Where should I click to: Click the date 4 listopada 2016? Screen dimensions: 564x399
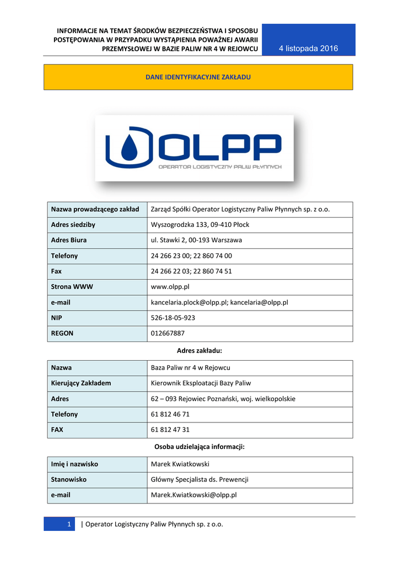pyautogui.click(x=308, y=48)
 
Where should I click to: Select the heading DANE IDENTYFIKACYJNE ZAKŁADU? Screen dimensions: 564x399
pyautogui.click(x=198, y=77)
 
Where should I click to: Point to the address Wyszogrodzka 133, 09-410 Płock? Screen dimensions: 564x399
pyautogui.click(x=199, y=225)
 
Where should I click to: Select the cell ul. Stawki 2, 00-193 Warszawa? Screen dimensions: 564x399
pyautogui.click(x=196, y=240)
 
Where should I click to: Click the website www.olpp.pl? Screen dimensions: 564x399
pyautogui.click(x=170, y=287)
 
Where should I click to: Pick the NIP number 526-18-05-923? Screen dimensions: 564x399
pyautogui.click(x=172, y=318)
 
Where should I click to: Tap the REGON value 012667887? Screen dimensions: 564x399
pyautogui.click(x=168, y=333)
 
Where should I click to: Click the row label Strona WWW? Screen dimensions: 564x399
pyautogui.click(x=72, y=287)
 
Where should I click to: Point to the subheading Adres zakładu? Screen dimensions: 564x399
pyautogui.click(x=199, y=350)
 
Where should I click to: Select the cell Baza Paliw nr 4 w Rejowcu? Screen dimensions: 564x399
pyautogui.click(x=190, y=367)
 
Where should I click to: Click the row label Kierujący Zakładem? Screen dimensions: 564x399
pyautogui.click(x=81, y=383)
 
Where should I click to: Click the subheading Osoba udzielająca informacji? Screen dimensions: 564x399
pyautogui.click(x=199, y=447)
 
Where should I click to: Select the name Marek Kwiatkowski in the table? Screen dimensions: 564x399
pyautogui.click(x=180, y=464)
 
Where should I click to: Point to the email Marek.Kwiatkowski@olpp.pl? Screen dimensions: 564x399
pyautogui.click(x=193, y=495)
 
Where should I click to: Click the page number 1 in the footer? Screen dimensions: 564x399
pyautogui.click(x=69, y=524)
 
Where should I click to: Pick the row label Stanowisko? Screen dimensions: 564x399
pyautogui.click(x=69, y=479)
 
